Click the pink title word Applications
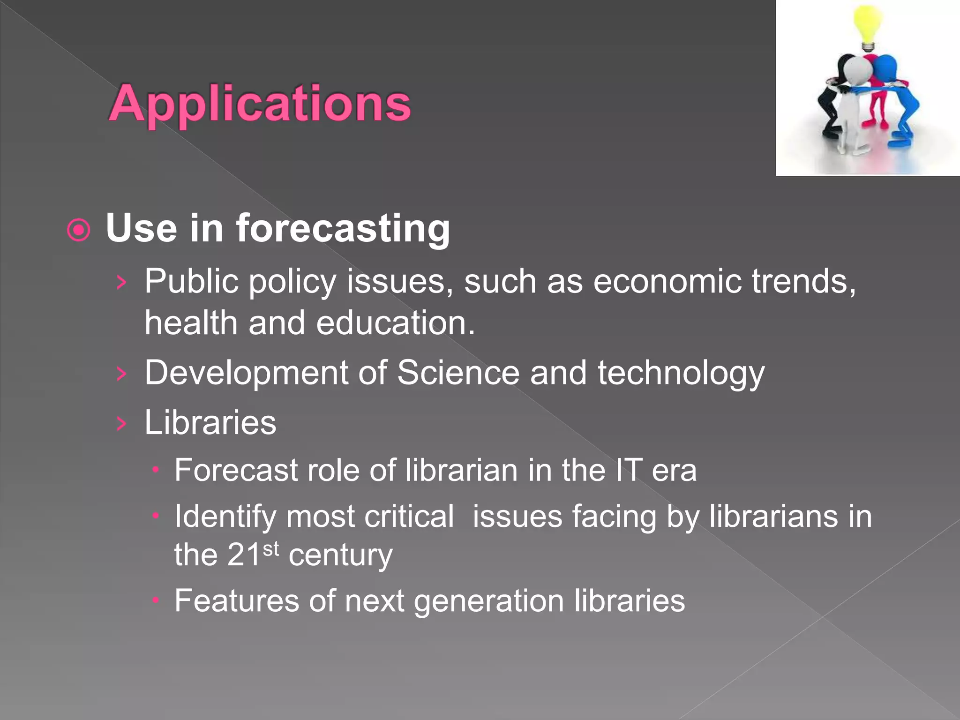260,104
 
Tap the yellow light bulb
867,26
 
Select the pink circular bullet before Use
78,230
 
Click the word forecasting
342,228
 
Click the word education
395,323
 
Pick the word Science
458,373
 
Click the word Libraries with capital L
210,423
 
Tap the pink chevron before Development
121,374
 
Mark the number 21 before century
244,555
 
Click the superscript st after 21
271,548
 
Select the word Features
236,601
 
